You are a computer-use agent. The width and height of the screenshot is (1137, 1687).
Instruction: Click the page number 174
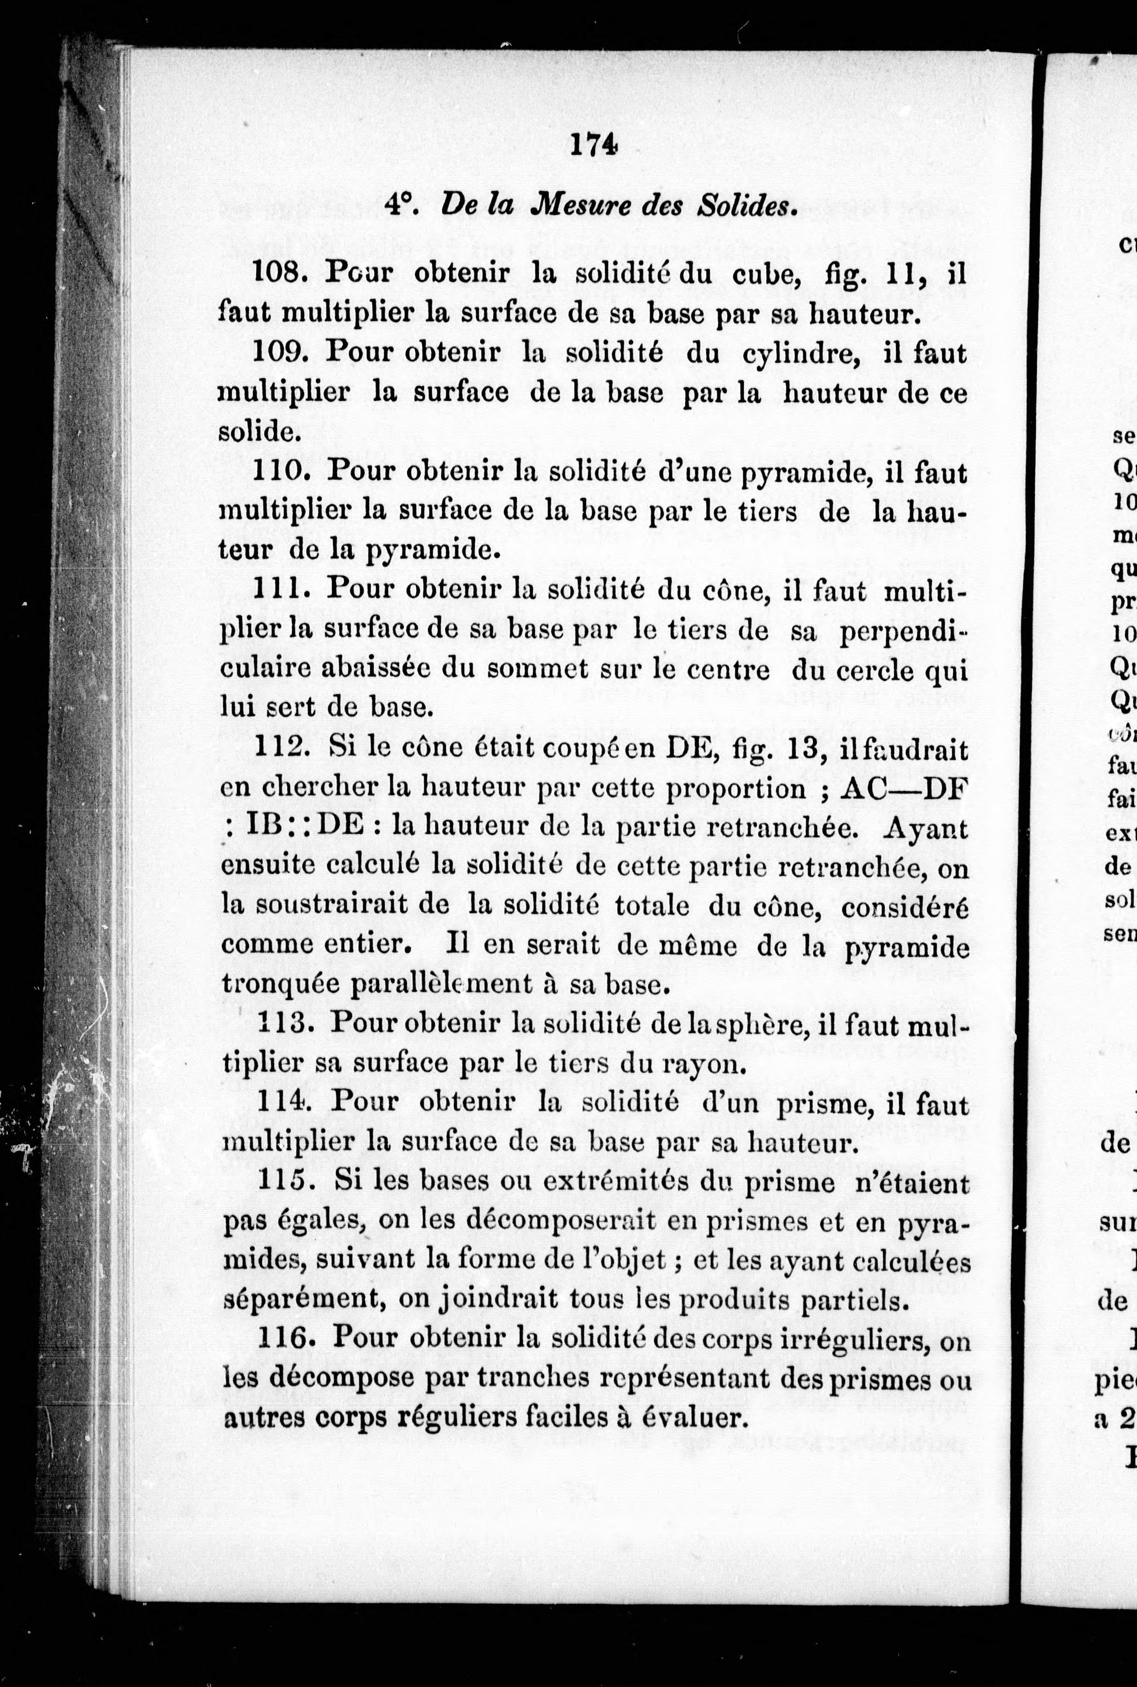tap(593, 146)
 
